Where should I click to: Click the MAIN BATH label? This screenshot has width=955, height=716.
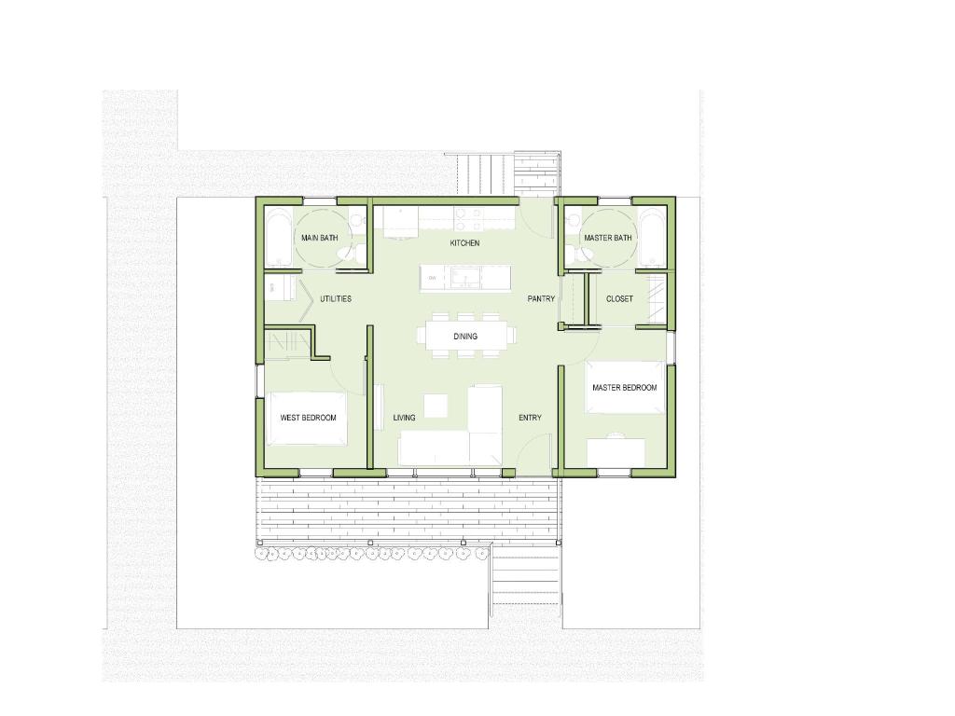[319, 238]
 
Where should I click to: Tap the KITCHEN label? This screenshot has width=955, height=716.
[464, 243]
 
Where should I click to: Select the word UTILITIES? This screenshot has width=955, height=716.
[336, 299]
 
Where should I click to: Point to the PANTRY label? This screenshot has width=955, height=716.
[541, 299]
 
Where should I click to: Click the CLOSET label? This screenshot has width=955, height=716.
[619, 299]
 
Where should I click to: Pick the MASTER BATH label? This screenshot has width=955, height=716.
[608, 238]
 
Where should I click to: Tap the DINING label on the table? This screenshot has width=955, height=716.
[465, 337]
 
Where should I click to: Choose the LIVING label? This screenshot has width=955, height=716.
[404, 418]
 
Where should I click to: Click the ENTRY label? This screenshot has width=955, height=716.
[530, 418]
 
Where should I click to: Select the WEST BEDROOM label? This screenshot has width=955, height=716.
[308, 418]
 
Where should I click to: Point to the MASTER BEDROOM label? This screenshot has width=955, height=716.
[624, 388]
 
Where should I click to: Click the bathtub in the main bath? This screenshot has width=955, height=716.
[280, 238]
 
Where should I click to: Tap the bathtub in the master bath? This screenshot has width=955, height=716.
[652, 238]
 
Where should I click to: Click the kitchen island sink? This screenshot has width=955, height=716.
[466, 279]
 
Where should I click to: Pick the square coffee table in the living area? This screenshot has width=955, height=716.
[436, 406]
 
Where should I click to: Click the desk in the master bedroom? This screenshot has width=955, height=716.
[616, 452]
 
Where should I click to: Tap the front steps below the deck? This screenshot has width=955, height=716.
[525, 578]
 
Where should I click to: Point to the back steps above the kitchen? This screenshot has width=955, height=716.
[481, 174]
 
